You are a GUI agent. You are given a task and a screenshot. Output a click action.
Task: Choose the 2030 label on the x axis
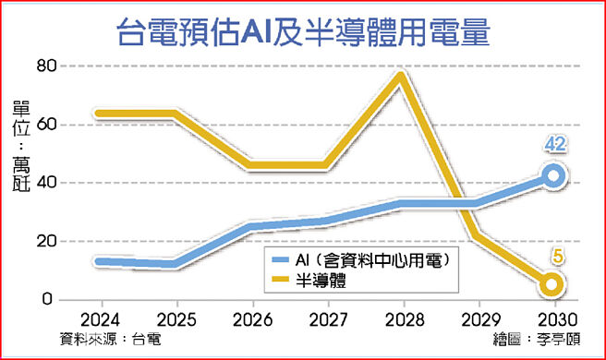tap(552, 319)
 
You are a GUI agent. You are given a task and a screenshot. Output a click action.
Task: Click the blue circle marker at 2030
tap(552, 176)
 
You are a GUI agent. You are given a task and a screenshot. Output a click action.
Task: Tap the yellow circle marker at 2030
tap(552, 284)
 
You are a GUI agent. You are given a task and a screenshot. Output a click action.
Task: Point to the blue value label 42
tap(554, 146)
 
